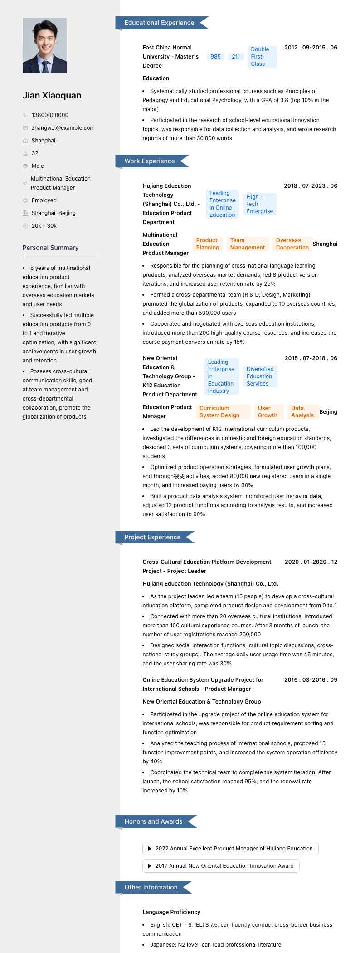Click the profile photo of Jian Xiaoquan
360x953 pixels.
click(44, 45)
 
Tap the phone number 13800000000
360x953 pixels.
click(50, 115)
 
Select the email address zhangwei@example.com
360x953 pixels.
click(63, 128)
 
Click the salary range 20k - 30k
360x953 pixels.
click(44, 226)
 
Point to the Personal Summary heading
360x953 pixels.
click(50, 248)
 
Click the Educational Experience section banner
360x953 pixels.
click(159, 23)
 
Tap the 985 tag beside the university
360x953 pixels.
click(216, 57)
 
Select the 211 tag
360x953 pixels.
click(236, 57)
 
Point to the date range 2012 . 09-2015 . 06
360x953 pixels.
click(311, 48)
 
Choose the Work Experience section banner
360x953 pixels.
click(150, 161)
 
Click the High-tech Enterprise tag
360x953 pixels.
click(260, 204)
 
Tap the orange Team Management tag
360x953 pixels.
click(247, 244)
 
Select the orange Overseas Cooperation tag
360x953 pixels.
click(292, 244)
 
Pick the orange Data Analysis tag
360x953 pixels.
click(302, 412)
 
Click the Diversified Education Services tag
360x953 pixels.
click(260, 376)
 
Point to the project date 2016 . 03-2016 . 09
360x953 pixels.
click(311, 680)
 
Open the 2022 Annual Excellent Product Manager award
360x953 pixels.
click(230, 849)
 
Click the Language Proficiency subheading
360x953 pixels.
click(171, 912)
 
